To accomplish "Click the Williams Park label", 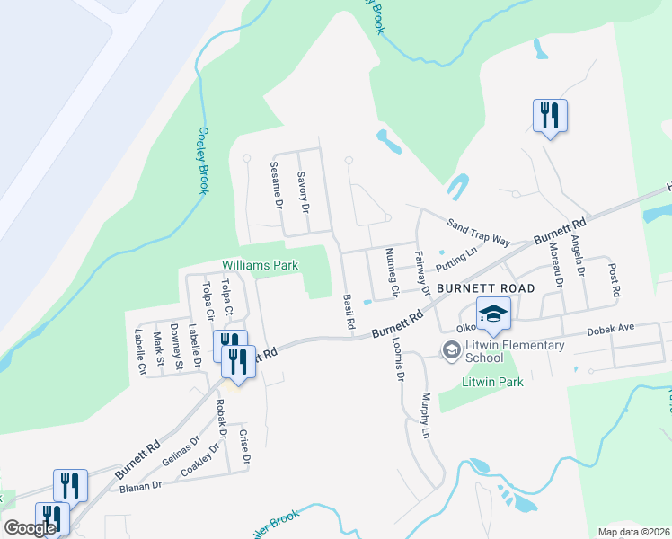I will (x=260, y=265).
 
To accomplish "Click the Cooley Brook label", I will (x=204, y=160).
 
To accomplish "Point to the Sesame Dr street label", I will (x=277, y=186).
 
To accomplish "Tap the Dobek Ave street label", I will (x=611, y=331).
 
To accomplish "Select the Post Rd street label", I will (x=615, y=279).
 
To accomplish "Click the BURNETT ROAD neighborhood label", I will (x=486, y=288).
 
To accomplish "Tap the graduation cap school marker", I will (x=493, y=314).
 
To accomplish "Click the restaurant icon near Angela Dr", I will (x=549, y=116).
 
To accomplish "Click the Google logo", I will (x=30, y=528).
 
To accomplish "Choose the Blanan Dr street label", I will (x=140, y=486).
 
